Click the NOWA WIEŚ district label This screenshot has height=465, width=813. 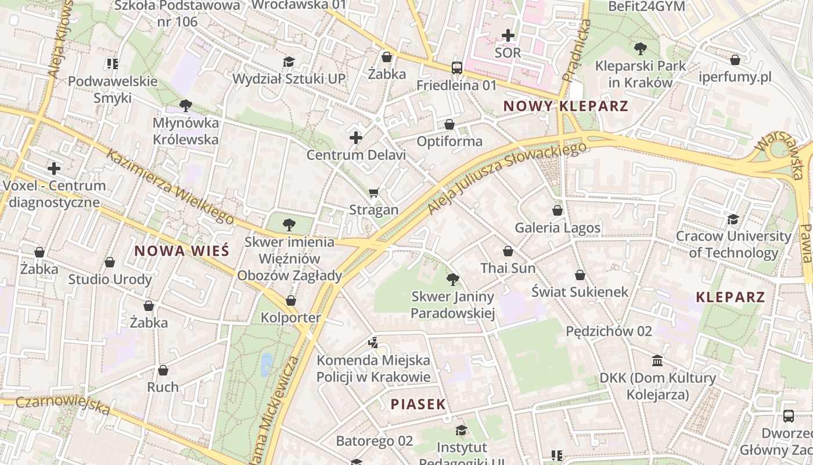[182, 251]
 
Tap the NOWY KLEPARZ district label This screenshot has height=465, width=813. [566, 106]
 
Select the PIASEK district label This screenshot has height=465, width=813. [418, 405]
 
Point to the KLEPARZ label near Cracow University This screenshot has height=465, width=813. [731, 297]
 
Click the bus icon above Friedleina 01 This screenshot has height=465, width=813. [457, 68]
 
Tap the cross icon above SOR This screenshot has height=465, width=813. [508, 35]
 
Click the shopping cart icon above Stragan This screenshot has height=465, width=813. [374, 192]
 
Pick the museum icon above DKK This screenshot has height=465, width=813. [657, 361]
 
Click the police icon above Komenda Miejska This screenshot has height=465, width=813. [373, 343]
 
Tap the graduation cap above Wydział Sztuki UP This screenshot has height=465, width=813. [289, 62]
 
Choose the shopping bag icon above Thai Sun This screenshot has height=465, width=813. [508, 251]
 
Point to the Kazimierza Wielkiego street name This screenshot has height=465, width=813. [170, 187]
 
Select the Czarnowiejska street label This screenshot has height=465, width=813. [63, 405]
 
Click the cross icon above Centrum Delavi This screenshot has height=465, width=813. [356, 138]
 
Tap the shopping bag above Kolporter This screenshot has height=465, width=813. [291, 301]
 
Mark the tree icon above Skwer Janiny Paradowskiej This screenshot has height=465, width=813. [452, 280]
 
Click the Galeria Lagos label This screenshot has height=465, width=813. [557, 227]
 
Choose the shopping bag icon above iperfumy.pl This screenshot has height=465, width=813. [735, 60]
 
